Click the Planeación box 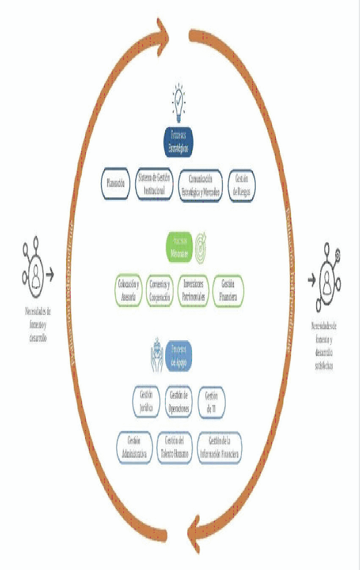click(115, 183)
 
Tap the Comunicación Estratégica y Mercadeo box click(200, 185)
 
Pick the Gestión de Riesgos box click(242, 185)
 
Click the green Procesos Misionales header click(179, 247)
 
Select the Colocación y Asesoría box click(129, 290)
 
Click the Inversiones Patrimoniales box click(193, 290)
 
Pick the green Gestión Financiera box click(228, 290)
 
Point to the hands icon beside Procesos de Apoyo click(158, 355)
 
